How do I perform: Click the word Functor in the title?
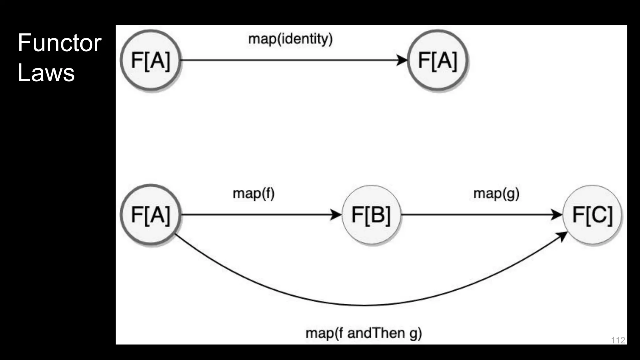59,43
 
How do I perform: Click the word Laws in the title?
46,72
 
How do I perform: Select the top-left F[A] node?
151,60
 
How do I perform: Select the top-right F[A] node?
437,60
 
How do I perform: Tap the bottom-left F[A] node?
151,215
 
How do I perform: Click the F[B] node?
371,215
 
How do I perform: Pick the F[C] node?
592,215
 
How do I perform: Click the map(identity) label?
290,39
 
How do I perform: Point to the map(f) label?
253,193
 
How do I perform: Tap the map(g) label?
496,193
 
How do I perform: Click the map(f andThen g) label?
363,333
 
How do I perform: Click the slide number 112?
618,340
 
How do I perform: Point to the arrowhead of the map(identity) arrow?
402,60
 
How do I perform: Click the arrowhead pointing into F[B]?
337,215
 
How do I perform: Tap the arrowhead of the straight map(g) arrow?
557,215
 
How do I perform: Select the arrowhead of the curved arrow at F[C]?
563,236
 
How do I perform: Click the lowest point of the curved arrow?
364,305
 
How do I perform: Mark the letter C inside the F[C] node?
598,215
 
